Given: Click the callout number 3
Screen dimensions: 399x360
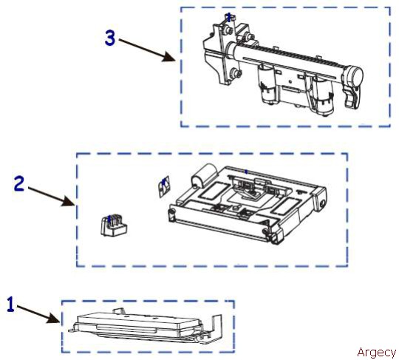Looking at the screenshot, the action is (110, 38).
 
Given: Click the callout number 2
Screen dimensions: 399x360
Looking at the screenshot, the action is (19, 184).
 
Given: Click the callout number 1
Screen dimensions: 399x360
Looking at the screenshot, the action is (10, 304).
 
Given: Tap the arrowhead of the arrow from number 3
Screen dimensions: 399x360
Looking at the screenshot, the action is (169, 57).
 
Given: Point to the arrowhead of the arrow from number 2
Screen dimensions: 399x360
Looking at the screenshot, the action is (68, 201).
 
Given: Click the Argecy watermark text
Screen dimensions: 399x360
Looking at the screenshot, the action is (376, 353).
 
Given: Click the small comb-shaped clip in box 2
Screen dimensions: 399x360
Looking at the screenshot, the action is (114, 225).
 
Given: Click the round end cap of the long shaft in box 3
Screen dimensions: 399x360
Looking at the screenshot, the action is (354, 75).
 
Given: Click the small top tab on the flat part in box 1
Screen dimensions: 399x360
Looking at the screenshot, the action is (118, 310).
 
